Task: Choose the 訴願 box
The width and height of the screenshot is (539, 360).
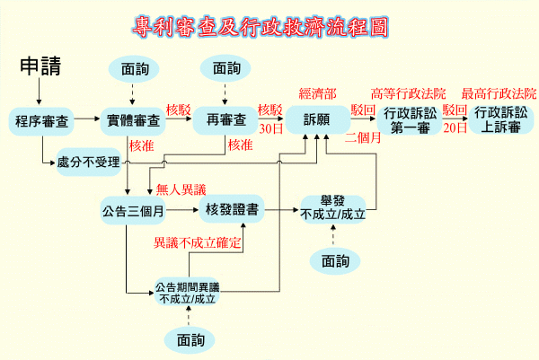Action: coord(317,119)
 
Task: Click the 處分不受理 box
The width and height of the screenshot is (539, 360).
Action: coord(88,162)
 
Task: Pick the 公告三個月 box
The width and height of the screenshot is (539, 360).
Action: coord(133,212)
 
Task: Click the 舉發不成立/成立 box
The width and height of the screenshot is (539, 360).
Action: coord(333,207)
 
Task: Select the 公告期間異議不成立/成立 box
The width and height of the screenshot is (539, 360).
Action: coord(188,293)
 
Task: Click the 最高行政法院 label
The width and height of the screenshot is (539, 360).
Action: coord(499,92)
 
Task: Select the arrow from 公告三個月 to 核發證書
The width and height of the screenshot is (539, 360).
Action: coord(181,212)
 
